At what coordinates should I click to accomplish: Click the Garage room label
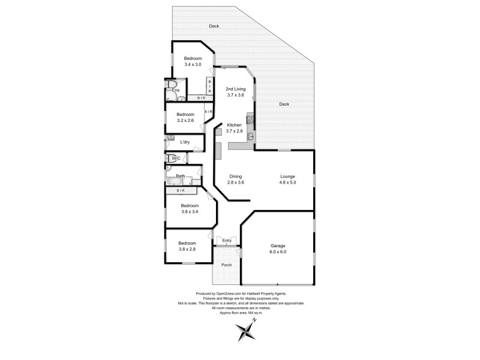point(277,246)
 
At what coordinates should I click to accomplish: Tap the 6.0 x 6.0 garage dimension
point(277,252)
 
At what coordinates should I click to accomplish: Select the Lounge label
point(287,176)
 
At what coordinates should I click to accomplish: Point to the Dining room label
point(235,176)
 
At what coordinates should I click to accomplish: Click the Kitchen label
point(234,125)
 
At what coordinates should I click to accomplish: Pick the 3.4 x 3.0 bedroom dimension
point(193,64)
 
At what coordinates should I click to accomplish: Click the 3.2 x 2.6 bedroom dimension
point(185,120)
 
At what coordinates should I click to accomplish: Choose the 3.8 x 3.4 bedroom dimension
point(190,211)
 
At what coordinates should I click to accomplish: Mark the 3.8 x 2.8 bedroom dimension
point(187,249)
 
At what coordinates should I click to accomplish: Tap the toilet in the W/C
point(170,158)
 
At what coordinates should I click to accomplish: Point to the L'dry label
point(185,142)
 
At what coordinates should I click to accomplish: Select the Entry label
point(227,241)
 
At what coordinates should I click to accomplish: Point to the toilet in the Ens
point(171,84)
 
